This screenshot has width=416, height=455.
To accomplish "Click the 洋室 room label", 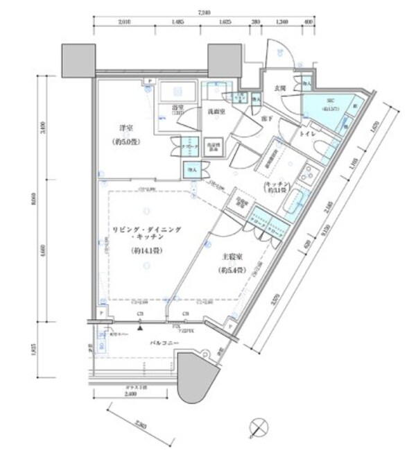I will click(x=124, y=128).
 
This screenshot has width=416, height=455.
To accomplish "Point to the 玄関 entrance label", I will click(x=280, y=89).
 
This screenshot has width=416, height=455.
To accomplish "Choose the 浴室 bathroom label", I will click(x=177, y=109).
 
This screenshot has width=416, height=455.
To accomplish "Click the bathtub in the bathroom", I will click(x=179, y=92).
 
